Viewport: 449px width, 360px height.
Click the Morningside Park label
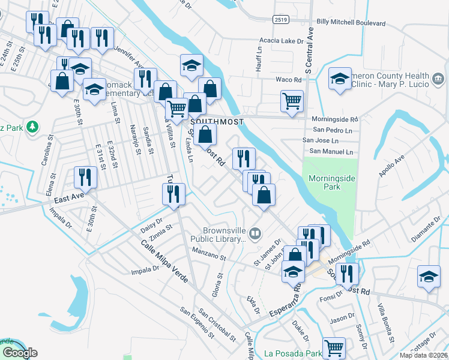click(x=325, y=182)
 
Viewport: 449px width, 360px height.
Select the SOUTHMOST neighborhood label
click(x=217, y=122)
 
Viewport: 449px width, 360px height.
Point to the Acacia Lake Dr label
click(x=282, y=41)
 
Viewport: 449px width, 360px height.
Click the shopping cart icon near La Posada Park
click(x=334, y=347)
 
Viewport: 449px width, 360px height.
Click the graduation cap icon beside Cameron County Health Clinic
click(x=340, y=79)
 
